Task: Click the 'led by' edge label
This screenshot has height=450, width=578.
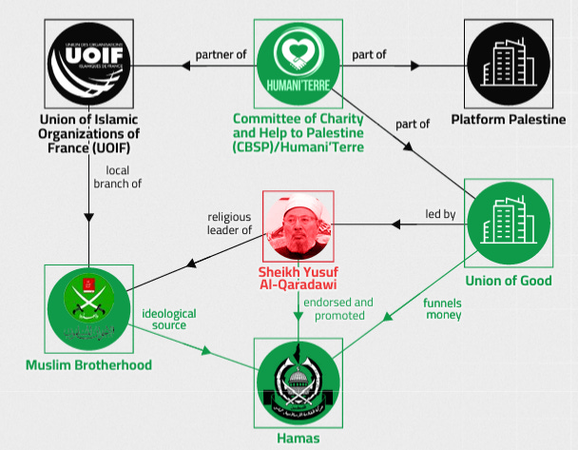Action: tap(440, 215)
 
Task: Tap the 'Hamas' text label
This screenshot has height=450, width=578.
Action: tap(299, 439)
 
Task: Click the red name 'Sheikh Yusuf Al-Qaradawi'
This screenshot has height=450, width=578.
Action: tap(299, 277)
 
